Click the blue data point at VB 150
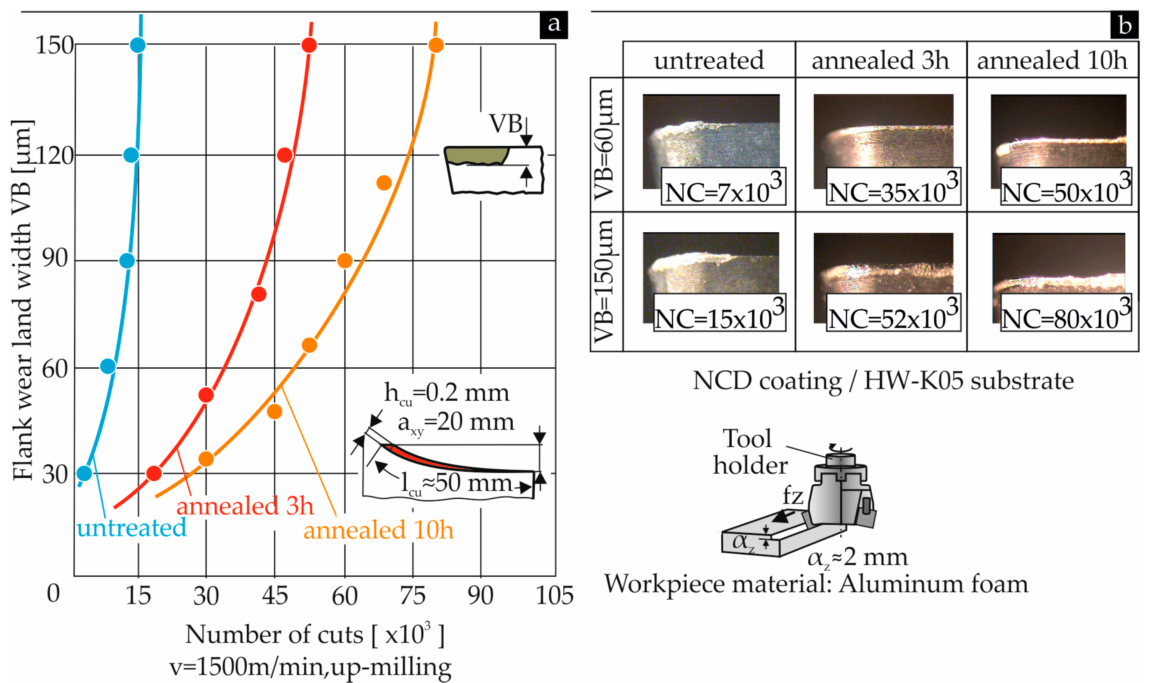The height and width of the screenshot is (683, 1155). click(138, 45)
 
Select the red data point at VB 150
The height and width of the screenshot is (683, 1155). click(309, 45)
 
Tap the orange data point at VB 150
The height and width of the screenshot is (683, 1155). click(436, 45)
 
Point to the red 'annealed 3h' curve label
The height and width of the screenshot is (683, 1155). click(245, 506)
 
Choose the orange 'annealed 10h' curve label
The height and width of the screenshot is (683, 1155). click(378, 530)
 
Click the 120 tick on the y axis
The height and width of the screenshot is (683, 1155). click(54, 156)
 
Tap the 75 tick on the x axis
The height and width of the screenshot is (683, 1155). click(412, 596)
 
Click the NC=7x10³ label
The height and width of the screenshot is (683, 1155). click(723, 187)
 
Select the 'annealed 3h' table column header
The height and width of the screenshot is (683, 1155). click(880, 60)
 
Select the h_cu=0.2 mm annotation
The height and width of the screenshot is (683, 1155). click(446, 394)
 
